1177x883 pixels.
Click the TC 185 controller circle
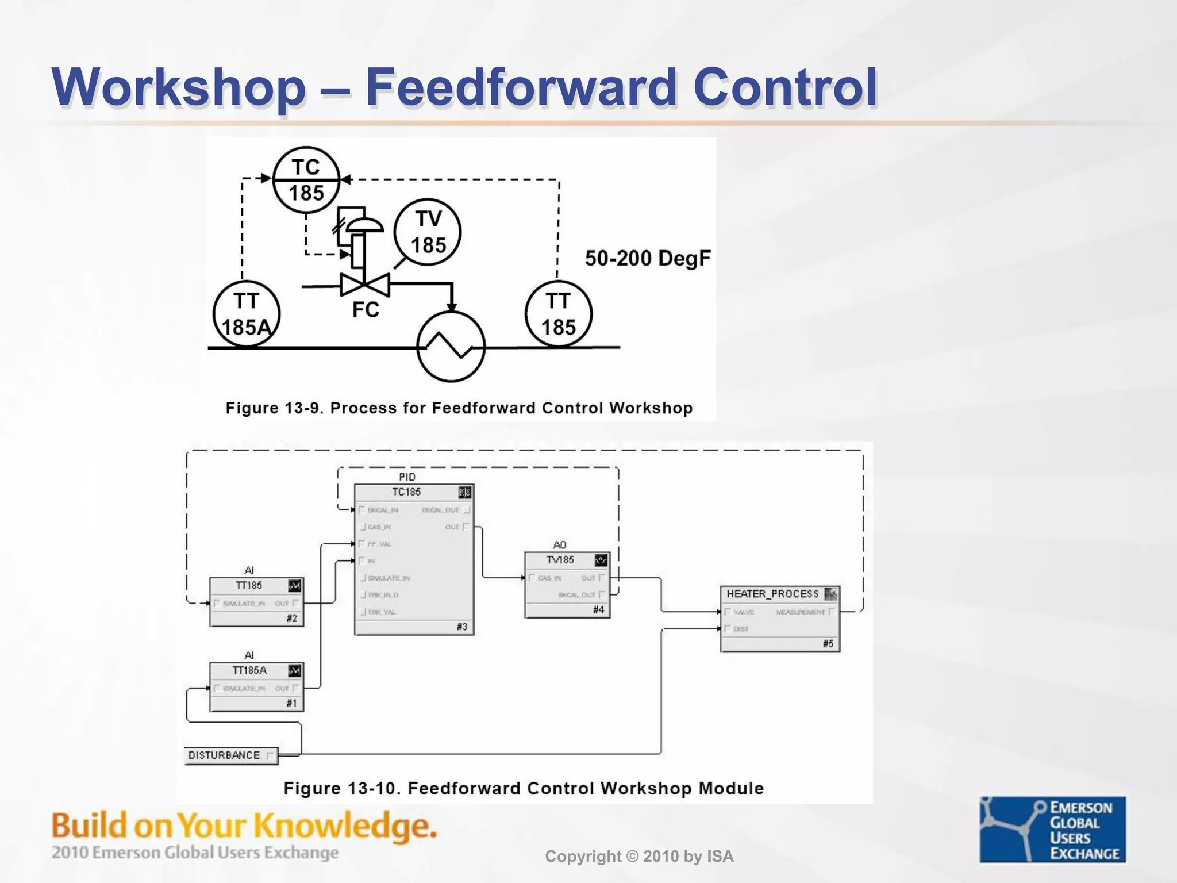coord(306,179)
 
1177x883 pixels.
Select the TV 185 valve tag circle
coord(428,232)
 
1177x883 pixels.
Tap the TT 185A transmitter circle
coord(246,314)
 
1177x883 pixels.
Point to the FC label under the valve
coord(366,310)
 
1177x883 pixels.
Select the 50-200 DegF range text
coord(648,258)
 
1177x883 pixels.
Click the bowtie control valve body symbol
coord(365,285)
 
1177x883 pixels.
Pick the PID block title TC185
coord(406,492)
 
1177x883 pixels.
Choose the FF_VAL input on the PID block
coord(379,544)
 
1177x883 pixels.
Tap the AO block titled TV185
coord(560,560)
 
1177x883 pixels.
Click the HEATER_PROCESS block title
coord(772,594)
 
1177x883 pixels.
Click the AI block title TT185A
coord(249,670)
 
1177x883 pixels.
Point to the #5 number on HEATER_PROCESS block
coord(828,644)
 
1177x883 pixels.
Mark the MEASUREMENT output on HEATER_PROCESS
coord(800,612)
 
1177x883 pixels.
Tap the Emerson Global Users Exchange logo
coord(1052,829)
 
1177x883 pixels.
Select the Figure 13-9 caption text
coord(459,408)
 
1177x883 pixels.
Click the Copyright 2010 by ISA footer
coord(639,857)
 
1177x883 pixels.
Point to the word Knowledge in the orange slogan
coord(345,826)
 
